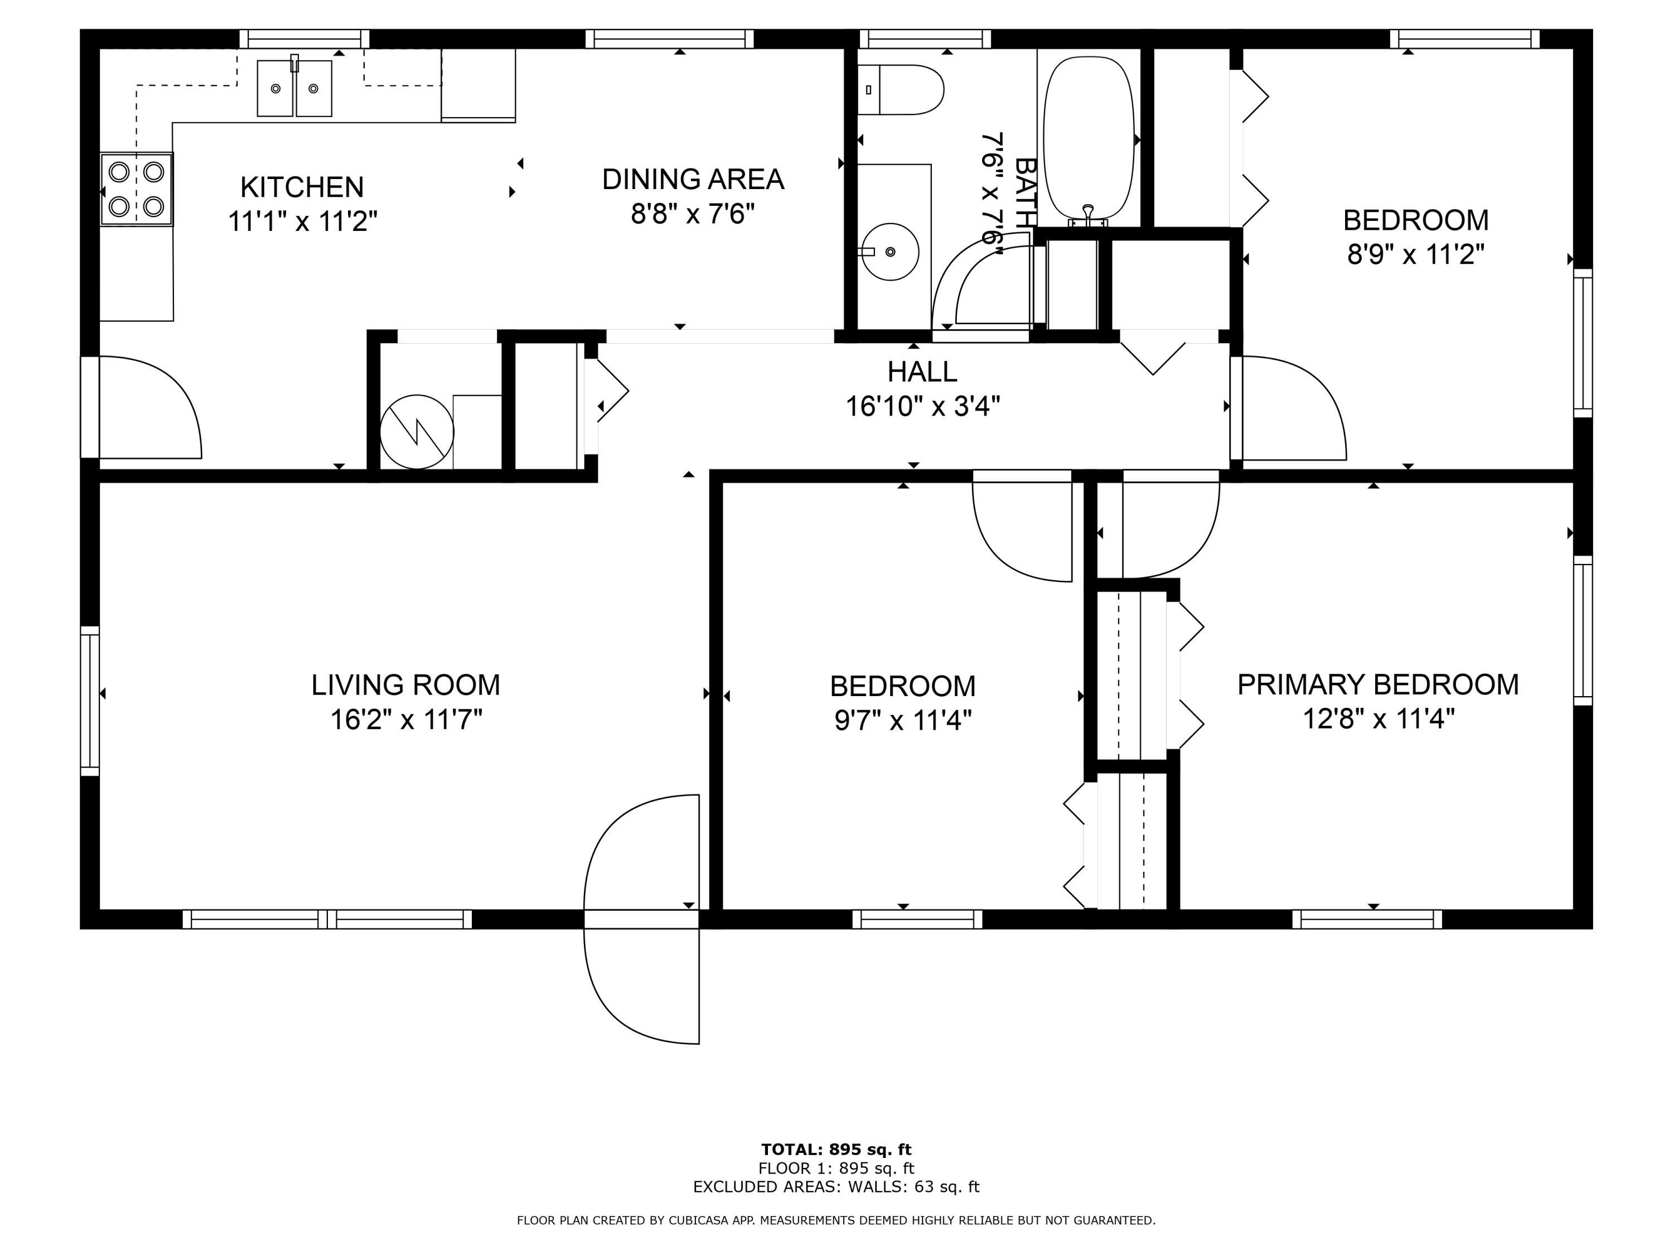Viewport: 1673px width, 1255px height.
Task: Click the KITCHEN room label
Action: (302, 187)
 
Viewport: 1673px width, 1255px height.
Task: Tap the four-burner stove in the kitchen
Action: (137, 189)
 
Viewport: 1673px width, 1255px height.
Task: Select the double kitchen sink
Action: (294, 89)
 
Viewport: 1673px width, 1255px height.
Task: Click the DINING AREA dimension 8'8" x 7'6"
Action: (693, 214)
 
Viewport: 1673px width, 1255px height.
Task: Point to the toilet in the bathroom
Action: (900, 90)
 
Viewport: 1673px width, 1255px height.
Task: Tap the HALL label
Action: (922, 371)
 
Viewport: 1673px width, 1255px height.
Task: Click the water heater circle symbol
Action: (417, 432)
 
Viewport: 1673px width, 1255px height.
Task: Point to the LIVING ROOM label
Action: (405, 684)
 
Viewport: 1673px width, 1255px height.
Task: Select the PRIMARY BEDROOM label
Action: (1377, 684)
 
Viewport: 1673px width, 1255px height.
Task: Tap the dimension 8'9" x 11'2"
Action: (1415, 255)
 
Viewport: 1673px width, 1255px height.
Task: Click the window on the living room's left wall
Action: (90, 701)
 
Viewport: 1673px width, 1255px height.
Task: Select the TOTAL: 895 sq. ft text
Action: (836, 1150)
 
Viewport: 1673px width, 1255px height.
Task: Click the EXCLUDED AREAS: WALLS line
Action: (836, 1186)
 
